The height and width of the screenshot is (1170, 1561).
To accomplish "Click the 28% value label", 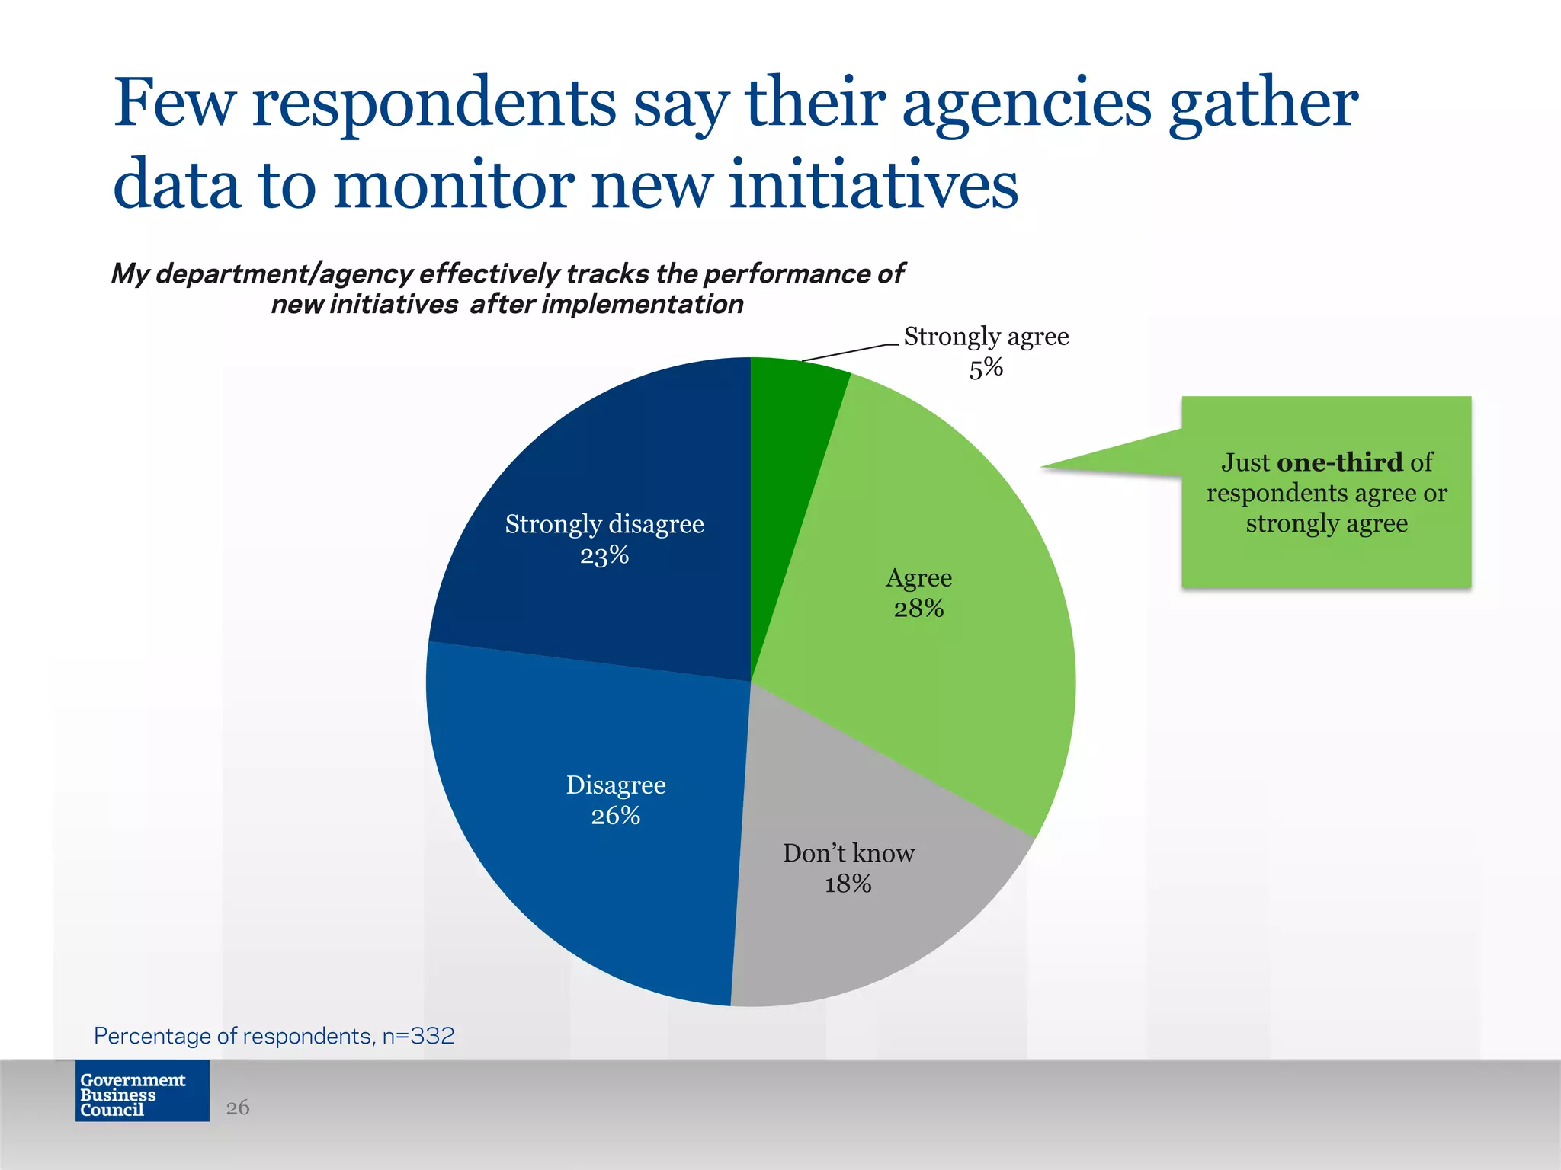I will (918, 609).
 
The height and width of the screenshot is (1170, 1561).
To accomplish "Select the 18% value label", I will (848, 884).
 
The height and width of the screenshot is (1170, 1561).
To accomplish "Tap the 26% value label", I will (615, 816).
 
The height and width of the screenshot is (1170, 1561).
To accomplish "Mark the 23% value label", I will (604, 555).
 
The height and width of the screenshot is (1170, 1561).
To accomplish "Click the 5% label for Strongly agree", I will (986, 369).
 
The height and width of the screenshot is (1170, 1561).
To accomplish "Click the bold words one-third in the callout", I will (1339, 462).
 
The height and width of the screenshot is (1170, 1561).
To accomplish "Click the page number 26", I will (238, 1108).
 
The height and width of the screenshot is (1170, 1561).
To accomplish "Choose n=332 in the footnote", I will (418, 1036).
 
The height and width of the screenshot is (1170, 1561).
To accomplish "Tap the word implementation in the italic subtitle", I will (642, 305).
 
